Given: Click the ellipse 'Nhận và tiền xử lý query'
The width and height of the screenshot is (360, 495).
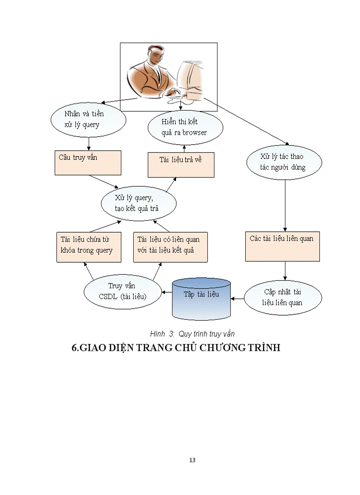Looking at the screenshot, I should coord(88,119).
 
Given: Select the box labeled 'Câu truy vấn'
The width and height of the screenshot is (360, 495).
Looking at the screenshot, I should coord(88,163).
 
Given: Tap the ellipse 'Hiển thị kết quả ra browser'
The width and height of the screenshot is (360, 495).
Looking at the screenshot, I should coord(185,127).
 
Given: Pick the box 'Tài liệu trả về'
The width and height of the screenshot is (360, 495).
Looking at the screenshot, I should coord(180,165).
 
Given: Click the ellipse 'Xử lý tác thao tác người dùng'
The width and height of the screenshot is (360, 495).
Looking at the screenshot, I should coord(284,162).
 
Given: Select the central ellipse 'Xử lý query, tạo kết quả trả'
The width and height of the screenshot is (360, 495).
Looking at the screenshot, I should coord(139,203).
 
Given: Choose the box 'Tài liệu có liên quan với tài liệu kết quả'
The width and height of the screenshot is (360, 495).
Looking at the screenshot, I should coord(170,247).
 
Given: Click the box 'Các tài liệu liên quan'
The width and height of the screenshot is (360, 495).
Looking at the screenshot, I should coord(282,246).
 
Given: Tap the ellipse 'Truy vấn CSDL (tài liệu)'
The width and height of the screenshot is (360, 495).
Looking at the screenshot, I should coord(122,292).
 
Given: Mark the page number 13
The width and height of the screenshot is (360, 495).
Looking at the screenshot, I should coord(192,460).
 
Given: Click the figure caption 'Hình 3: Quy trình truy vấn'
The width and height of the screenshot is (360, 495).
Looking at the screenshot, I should coord(192,334).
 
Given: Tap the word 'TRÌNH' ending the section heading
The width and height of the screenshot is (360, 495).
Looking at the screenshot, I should coord(263,348).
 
